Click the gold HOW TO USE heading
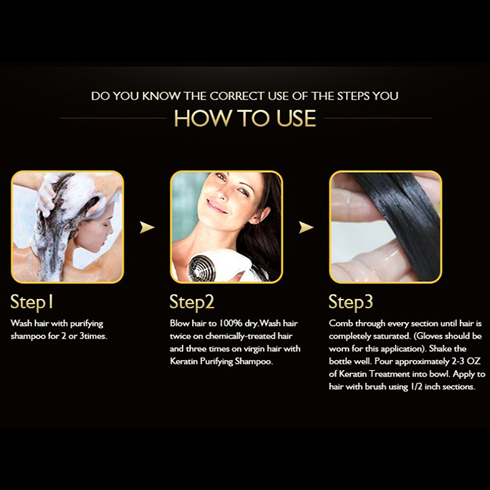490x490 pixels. point(245,118)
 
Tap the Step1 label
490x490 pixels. point(32,302)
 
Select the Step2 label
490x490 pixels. point(192,302)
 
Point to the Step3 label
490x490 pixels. point(350,302)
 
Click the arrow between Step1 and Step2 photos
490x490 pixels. point(147,227)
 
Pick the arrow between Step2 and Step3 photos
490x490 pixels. point(306,227)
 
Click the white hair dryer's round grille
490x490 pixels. point(202,267)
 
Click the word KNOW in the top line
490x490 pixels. point(161,96)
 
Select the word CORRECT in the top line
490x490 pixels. point(237,96)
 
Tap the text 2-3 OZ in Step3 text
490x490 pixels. point(466,361)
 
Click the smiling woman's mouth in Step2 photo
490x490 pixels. point(216,206)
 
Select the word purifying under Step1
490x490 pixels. point(86,324)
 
